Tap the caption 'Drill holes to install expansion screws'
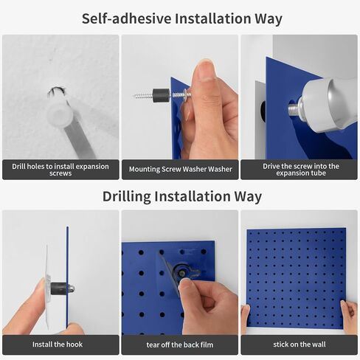[x=60, y=170]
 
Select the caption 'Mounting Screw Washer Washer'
[x=180, y=170]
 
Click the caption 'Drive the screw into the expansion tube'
[x=300, y=170]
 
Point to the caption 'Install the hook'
[x=60, y=345]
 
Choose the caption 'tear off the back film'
[x=180, y=345]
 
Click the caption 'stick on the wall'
[x=300, y=345]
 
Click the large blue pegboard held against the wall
[x=295, y=277]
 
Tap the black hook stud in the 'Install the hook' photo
[x=59, y=288]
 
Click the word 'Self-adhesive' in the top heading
[x=125, y=18]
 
